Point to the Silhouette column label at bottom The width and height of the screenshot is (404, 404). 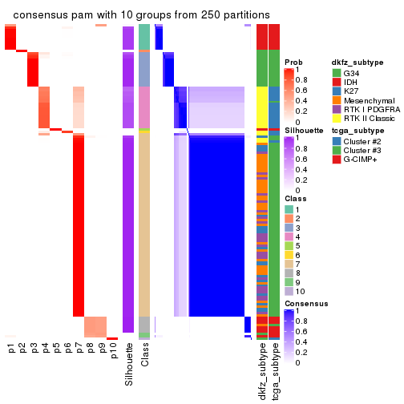(x=128, y=365)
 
